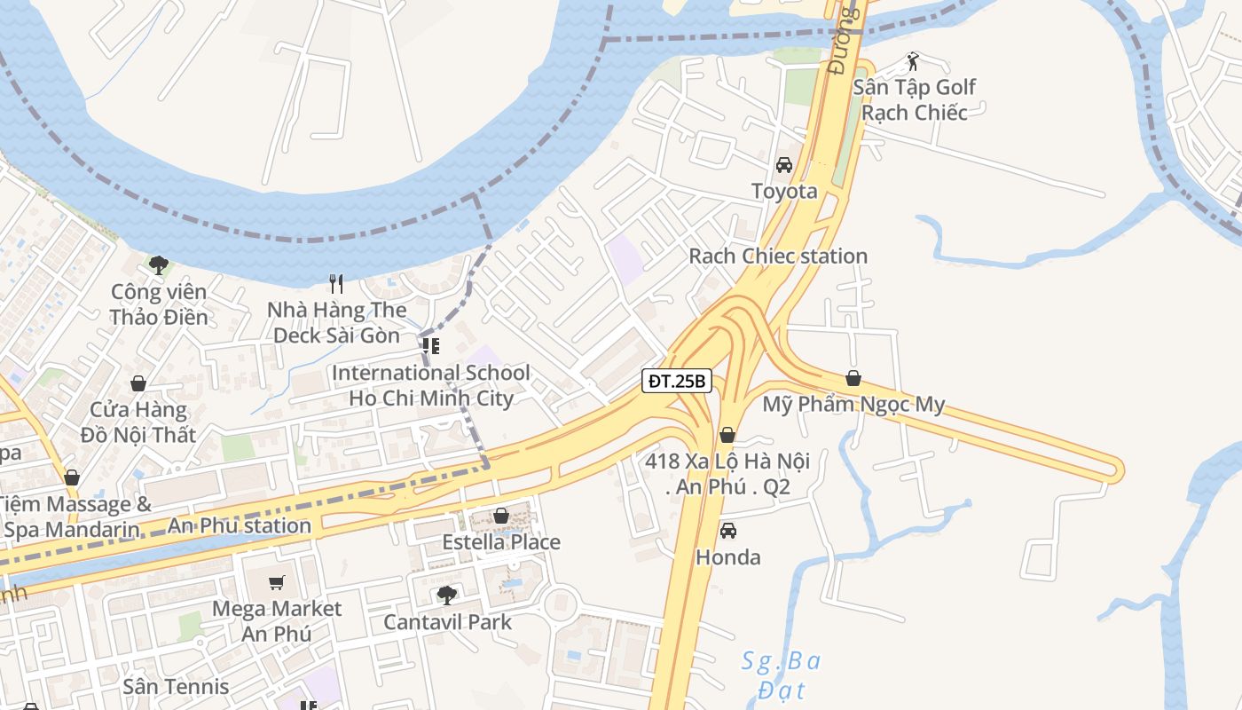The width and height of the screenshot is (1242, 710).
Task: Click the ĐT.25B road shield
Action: pyautogui.click(x=677, y=382)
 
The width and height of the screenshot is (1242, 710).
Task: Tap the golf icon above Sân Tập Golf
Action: pyautogui.click(x=913, y=61)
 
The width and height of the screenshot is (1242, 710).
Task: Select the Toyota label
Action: pyautogui.click(x=784, y=191)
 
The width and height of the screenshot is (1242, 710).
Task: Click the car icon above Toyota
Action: pyautogui.click(x=784, y=165)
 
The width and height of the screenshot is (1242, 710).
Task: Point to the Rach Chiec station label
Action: pyautogui.click(x=778, y=256)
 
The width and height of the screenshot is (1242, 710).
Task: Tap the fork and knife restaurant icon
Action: pyautogui.click(x=336, y=284)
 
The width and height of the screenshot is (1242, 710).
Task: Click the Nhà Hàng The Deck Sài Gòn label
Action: pyautogui.click(x=339, y=322)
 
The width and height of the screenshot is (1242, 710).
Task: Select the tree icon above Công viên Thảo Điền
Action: pyautogui.click(x=159, y=264)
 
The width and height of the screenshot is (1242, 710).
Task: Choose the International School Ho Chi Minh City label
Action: pyautogui.click(x=431, y=385)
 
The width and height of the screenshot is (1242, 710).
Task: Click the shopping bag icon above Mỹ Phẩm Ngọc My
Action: pyautogui.click(x=853, y=379)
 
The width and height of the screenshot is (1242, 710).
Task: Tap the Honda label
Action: pyautogui.click(x=727, y=557)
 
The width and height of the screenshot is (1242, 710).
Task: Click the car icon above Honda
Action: pyautogui.click(x=727, y=531)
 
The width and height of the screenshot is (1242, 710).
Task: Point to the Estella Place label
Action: pyautogui.click(x=501, y=541)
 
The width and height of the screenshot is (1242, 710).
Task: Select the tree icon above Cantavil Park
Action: pyautogui.click(x=447, y=595)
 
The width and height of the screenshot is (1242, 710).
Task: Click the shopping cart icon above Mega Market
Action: pyautogui.click(x=277, y=583)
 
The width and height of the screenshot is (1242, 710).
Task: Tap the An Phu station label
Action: pyautogui.click(x=240, y=525)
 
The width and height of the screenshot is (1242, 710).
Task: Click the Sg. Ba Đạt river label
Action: pyautogui.click(x=782, y=675)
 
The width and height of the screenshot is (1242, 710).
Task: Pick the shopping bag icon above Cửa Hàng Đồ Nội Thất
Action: pyautogui.click(x=138, y=383)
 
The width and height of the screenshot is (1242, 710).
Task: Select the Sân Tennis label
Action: pyautogui.click(x=176, y=686)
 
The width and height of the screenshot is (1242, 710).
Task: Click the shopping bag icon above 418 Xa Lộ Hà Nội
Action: pyautogui.click(x=727, y=435)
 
